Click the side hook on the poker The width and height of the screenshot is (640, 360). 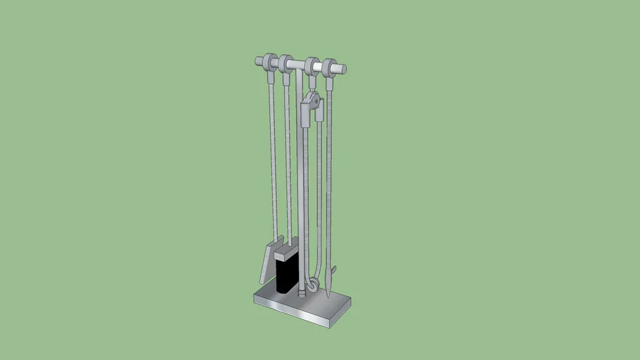point(335,270)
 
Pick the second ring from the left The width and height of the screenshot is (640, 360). point(285,64)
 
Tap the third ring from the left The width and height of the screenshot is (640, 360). point(312,67)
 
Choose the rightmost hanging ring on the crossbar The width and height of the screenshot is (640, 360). point(328,67)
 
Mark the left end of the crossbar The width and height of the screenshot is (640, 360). point(258,61)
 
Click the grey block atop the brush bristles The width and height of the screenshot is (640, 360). point(287,251)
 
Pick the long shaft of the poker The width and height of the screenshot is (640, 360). point(328,176)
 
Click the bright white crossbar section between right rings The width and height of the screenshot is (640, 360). point(320,67)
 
